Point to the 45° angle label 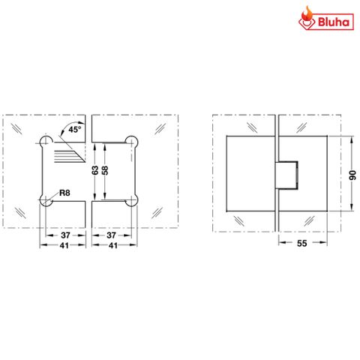(74, 130)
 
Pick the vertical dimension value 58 (106, 170)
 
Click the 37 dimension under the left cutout (65, 235)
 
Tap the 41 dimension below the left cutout (65, 245)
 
